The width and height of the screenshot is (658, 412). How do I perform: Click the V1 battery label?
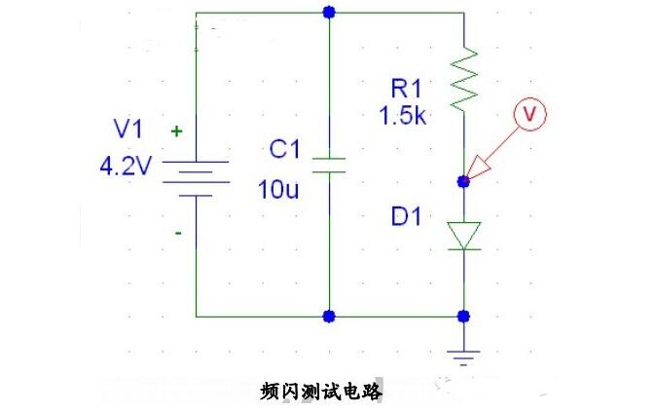point(128,129)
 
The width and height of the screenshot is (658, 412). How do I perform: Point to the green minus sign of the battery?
point(176,235)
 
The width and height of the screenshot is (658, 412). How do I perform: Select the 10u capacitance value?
point(279,189)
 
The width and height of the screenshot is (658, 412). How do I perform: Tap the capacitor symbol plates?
point(330,163)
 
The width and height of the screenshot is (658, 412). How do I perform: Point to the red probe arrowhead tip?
point(468,180)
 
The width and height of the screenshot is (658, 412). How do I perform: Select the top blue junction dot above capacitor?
point(330,13)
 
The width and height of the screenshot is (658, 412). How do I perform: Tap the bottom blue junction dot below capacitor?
point(330,317)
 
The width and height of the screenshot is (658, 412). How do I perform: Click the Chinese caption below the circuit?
point(322,392)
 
